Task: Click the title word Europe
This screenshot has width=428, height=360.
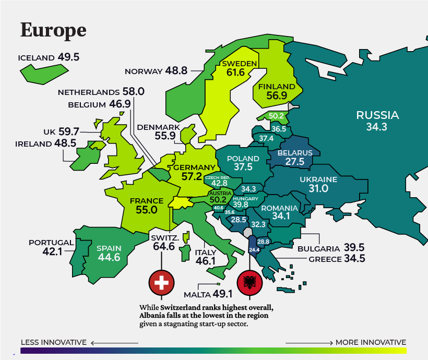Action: (53, 30)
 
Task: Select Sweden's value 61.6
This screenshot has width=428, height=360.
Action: (235, 73)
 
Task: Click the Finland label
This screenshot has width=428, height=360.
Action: (277, 86)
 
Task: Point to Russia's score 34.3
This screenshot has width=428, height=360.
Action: (377, 127)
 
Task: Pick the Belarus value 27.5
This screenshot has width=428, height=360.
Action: (295, 162)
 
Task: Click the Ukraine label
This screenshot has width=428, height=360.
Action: (318, 179)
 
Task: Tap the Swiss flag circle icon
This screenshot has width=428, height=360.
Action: (162, 283)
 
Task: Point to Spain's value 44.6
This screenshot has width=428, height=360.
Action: (109, 257)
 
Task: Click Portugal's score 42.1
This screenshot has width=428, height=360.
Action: (53, 252)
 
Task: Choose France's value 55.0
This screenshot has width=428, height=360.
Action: (147, 210)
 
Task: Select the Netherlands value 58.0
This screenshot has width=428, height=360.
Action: (133, 92)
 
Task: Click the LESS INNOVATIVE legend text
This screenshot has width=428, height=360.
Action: (53, 342)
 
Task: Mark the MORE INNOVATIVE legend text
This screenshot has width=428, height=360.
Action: (371, 342)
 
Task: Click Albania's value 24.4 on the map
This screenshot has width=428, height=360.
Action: (254, 250)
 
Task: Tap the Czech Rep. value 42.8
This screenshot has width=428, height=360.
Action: (219, 184)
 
